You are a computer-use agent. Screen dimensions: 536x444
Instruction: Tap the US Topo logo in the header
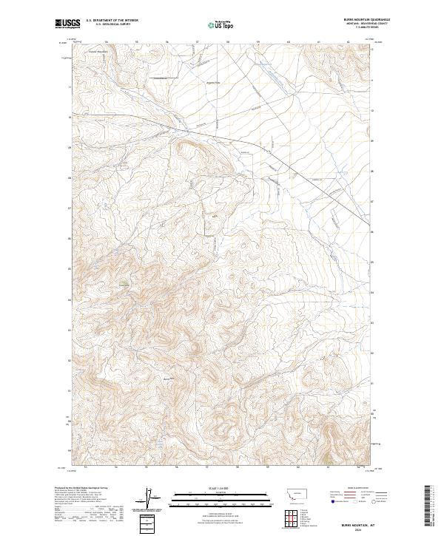221,24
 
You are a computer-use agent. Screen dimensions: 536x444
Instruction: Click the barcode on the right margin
428,509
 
